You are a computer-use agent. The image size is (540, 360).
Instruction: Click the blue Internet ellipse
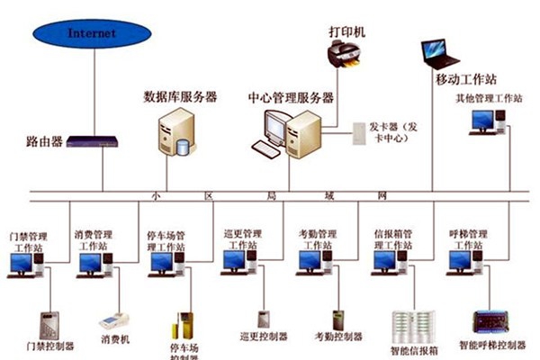click(93, 33)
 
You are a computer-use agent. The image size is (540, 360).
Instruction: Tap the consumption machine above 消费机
click(114, 321)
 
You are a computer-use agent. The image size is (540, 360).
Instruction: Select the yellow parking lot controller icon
click(184, 328)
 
